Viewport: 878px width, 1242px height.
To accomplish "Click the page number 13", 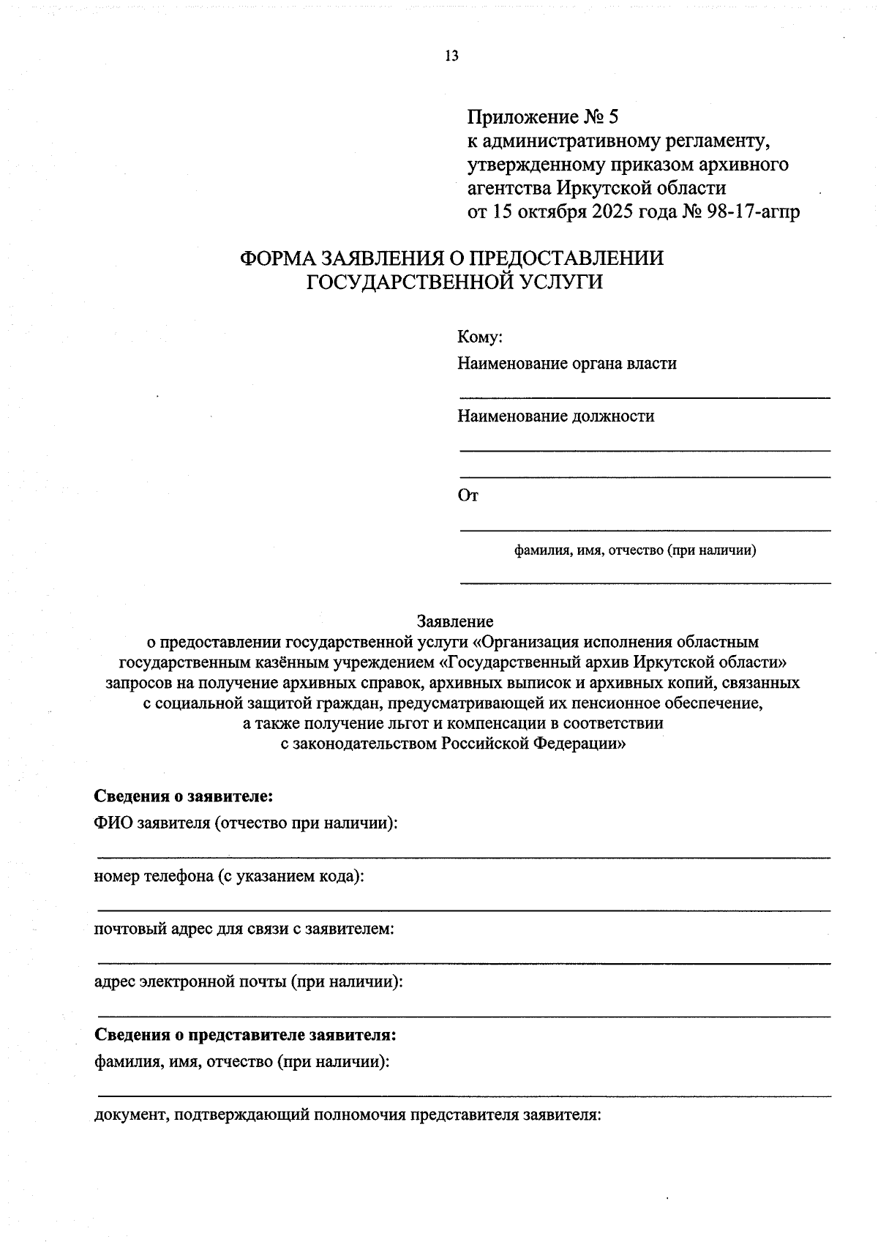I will pyautogui.click(x=451, y=56).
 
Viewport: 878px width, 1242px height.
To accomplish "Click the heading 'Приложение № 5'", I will pyautogui.click(x=543, y=117).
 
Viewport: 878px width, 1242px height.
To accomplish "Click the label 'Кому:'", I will pyautogui.click(x=480, y=337).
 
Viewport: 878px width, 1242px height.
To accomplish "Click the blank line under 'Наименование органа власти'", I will pyautogui.click(x=645, y=397).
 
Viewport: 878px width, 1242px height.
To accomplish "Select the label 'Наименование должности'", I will pyautogui.click(x=556, y=416).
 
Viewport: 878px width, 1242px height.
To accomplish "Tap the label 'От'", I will pyautogui.click(x=468, y=496).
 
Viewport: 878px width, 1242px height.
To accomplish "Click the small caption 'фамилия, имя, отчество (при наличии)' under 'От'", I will pyautogui.click(x=635, y=550).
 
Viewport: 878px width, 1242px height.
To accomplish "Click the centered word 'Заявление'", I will pyautogui.click(x=455, y=621).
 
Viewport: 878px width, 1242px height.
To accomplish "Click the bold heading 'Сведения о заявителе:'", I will pyautogui.click(x=184, y=796).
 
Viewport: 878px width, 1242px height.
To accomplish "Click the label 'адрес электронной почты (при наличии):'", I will pyautogui.click(x=249, y=982).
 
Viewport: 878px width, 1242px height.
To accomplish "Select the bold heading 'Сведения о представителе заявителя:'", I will pyautogui.click(x=245, y=1036).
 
